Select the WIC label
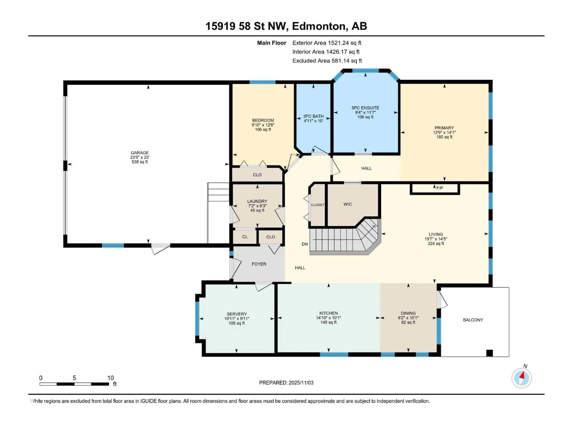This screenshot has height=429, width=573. coord(348,204)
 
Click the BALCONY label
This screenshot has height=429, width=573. coord(473,320)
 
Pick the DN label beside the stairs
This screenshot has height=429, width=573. coord(305,244)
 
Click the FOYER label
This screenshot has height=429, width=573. coord(259,264)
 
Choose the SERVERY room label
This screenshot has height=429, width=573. coord(237,314)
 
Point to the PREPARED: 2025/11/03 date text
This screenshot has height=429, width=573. coord(286,383)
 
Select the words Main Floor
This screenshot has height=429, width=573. coord(271,43)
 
